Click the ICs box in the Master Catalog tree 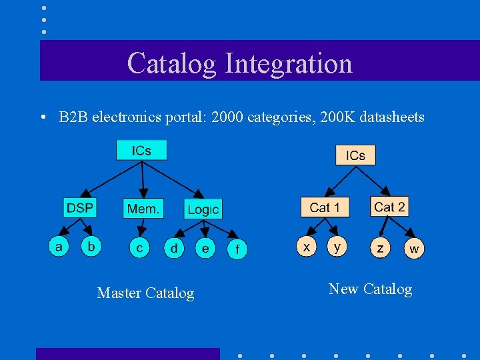point(141,150)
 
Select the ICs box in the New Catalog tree point(355,155)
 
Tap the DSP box point(80,208)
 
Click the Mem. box point(143,209)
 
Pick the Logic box point(203,209)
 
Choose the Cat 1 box point(325,207)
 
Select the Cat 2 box point(389,207)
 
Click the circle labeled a point(59,247)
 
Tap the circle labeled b point(91,246)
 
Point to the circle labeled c point(139,249)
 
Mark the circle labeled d point(174,249)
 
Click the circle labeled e point(205,249)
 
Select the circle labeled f point(237,250)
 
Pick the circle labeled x point(306,247)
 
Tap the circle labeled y point(337,247)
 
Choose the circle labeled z point(380,249)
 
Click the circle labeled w point(414,249)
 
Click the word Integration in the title point(289,63)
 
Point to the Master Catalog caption point(145,293)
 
